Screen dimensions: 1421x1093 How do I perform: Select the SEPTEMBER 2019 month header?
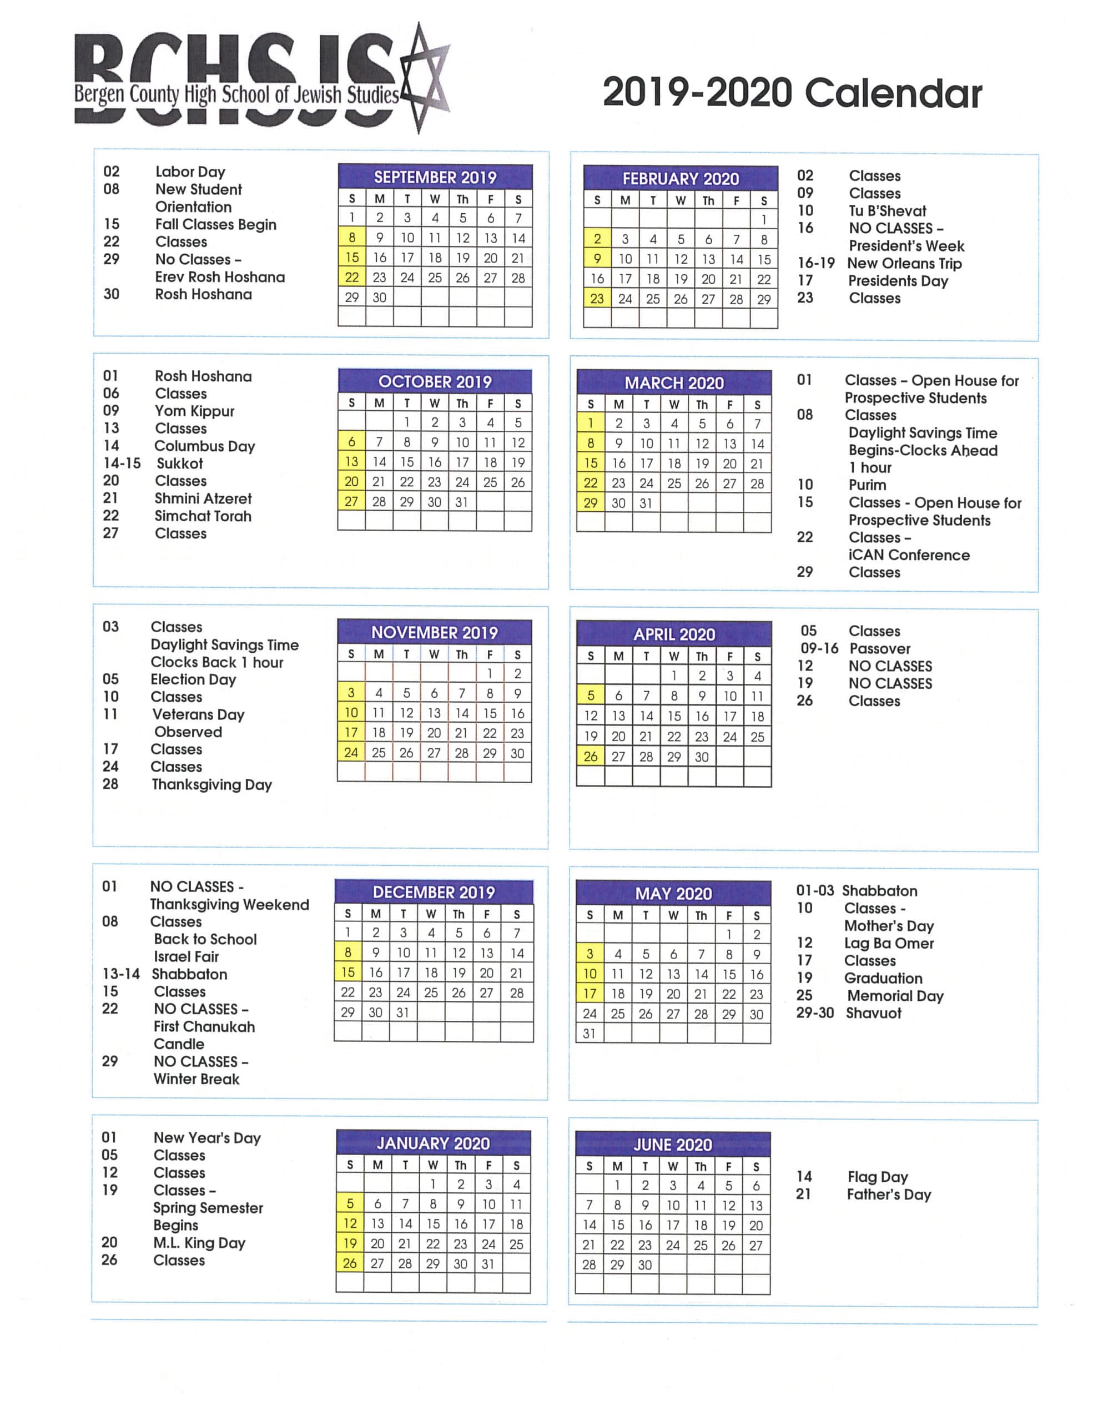pos(435,177)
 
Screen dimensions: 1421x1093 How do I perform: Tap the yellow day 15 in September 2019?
pos(352,258)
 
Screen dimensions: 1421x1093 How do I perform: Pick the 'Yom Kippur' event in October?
pos(194,411)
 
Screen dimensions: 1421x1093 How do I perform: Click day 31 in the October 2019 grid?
pos(462,502)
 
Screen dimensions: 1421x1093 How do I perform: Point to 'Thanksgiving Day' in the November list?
pos(211,785)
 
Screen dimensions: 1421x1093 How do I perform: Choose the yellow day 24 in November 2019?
pos(351,753)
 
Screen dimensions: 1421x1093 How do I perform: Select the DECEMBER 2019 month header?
pos(434,892)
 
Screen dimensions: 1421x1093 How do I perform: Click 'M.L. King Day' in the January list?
pos(199,1243)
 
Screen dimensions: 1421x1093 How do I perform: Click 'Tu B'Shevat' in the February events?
pos(888,211)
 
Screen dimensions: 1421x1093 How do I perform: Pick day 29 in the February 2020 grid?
pos(764,299)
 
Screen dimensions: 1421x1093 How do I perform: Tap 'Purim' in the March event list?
pos(867,485)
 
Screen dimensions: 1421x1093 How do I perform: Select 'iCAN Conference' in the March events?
pos(909,555)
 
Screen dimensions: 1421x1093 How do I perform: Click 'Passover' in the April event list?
pos(880,649)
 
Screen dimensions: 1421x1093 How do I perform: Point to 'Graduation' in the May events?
pos(883,978)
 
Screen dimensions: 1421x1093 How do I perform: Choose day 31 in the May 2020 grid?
pos(589,1033)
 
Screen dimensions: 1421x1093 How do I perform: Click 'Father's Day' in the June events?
pos(889,1195)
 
